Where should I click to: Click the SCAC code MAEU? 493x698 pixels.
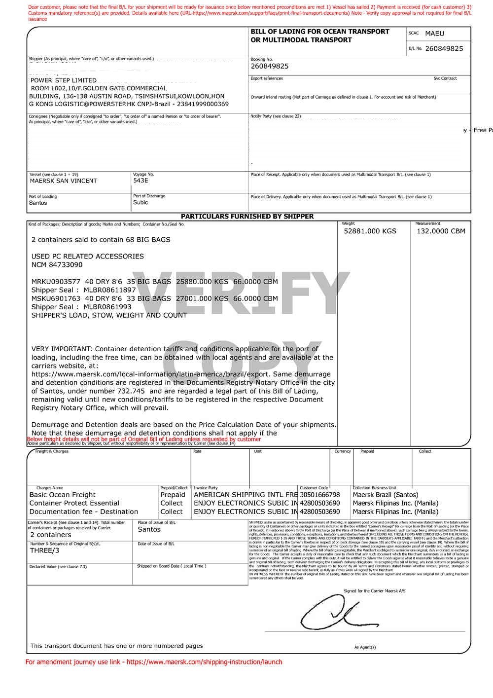[x=434, y=34]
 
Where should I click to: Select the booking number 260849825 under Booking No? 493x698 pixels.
[x=270, y=66]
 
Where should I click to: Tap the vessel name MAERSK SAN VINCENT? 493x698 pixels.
[x=64, y=181]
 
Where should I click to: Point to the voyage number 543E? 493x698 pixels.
[x=141, y=181]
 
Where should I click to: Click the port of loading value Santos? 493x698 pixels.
[x=38, y=203]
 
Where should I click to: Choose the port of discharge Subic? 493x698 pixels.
[x=141, y=202]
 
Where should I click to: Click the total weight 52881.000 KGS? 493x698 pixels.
[x=370, y=231]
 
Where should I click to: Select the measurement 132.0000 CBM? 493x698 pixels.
[x=441, y=231]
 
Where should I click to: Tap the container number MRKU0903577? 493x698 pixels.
[x=55, y=282]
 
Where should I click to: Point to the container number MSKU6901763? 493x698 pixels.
[x=55, y=298]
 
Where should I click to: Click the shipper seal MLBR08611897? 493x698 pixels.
[x=109, y=290]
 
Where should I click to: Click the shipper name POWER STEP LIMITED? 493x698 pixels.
[x=64, y=80]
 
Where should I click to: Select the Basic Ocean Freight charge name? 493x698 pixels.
[x=63, y=495]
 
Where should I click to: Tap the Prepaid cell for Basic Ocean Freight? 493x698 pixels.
[x=173, y=495]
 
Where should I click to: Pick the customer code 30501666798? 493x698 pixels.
[x=320, y=495]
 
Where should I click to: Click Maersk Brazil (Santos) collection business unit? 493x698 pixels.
[x=386, y=495]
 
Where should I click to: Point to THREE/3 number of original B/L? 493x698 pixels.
[x=44, y=551]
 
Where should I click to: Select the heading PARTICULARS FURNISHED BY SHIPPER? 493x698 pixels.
[x=247, y=217]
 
